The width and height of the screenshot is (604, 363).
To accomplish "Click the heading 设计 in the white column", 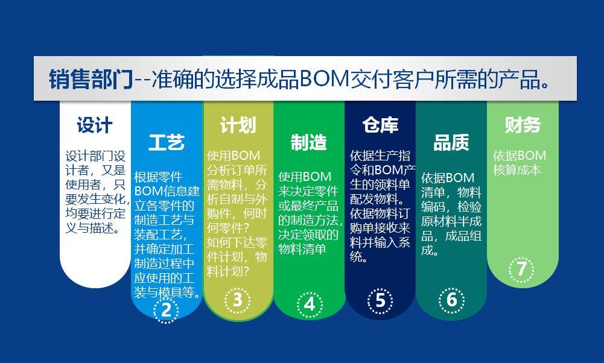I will coord(95,125).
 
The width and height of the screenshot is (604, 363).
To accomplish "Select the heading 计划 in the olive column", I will coord(238,125).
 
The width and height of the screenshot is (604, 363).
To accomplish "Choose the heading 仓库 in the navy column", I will coord(380,125).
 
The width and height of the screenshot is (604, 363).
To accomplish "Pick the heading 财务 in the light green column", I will coord(523,125).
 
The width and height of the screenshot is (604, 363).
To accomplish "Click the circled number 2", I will coord(166,310).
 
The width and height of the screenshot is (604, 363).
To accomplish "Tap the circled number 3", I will coord(238,300).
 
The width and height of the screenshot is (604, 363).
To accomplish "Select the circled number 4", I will coord(309,305).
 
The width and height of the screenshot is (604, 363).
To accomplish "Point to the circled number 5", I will coord(380,300).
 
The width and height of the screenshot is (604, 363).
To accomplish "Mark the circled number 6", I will coord(451,300).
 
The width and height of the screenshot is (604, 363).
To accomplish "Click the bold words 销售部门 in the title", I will coord(91,79).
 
